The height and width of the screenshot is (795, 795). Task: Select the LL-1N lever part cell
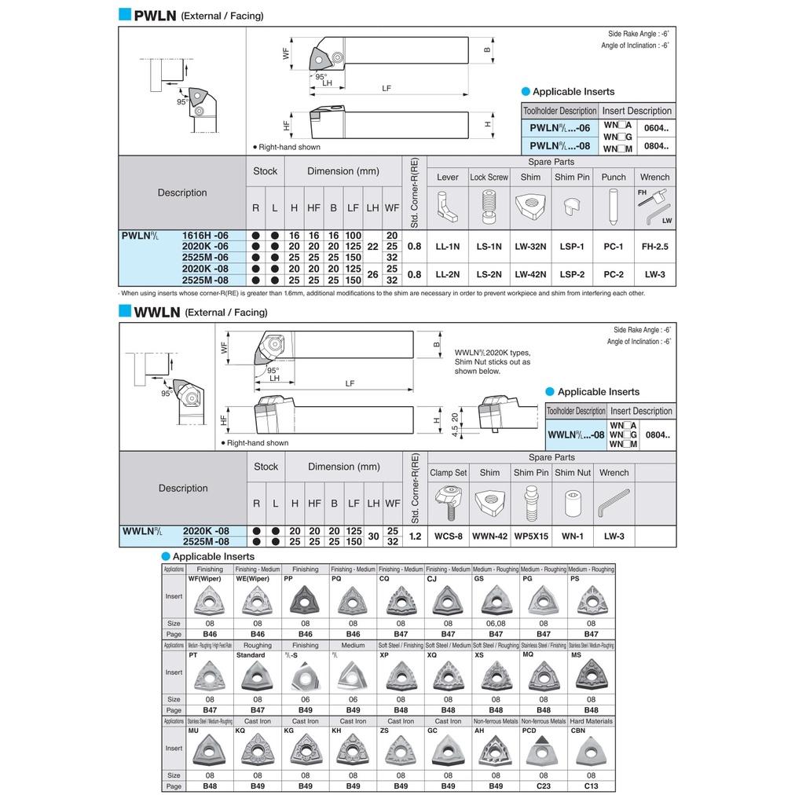click(448, 247)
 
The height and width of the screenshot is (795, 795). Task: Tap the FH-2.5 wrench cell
click(654, 247)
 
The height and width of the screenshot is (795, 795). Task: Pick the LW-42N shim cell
click(530, 274)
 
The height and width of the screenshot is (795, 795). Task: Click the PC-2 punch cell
click(614, 274)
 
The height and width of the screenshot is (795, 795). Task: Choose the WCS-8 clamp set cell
click(448, 536)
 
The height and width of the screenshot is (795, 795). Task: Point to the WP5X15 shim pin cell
click(531, 536)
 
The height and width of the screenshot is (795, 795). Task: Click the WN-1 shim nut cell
click(573, 536)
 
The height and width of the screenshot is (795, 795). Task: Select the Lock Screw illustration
click(489, 207)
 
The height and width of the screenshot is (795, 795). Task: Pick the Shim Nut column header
click(573, 473)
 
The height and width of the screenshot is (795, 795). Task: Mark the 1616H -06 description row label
click(205, 236)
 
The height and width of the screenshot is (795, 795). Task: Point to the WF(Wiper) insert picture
click(210, 600)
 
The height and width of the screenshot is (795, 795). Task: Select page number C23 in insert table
click(544, 786)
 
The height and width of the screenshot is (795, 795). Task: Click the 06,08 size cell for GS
click(496, 623)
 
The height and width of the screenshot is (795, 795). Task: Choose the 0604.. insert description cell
click(656, 127)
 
